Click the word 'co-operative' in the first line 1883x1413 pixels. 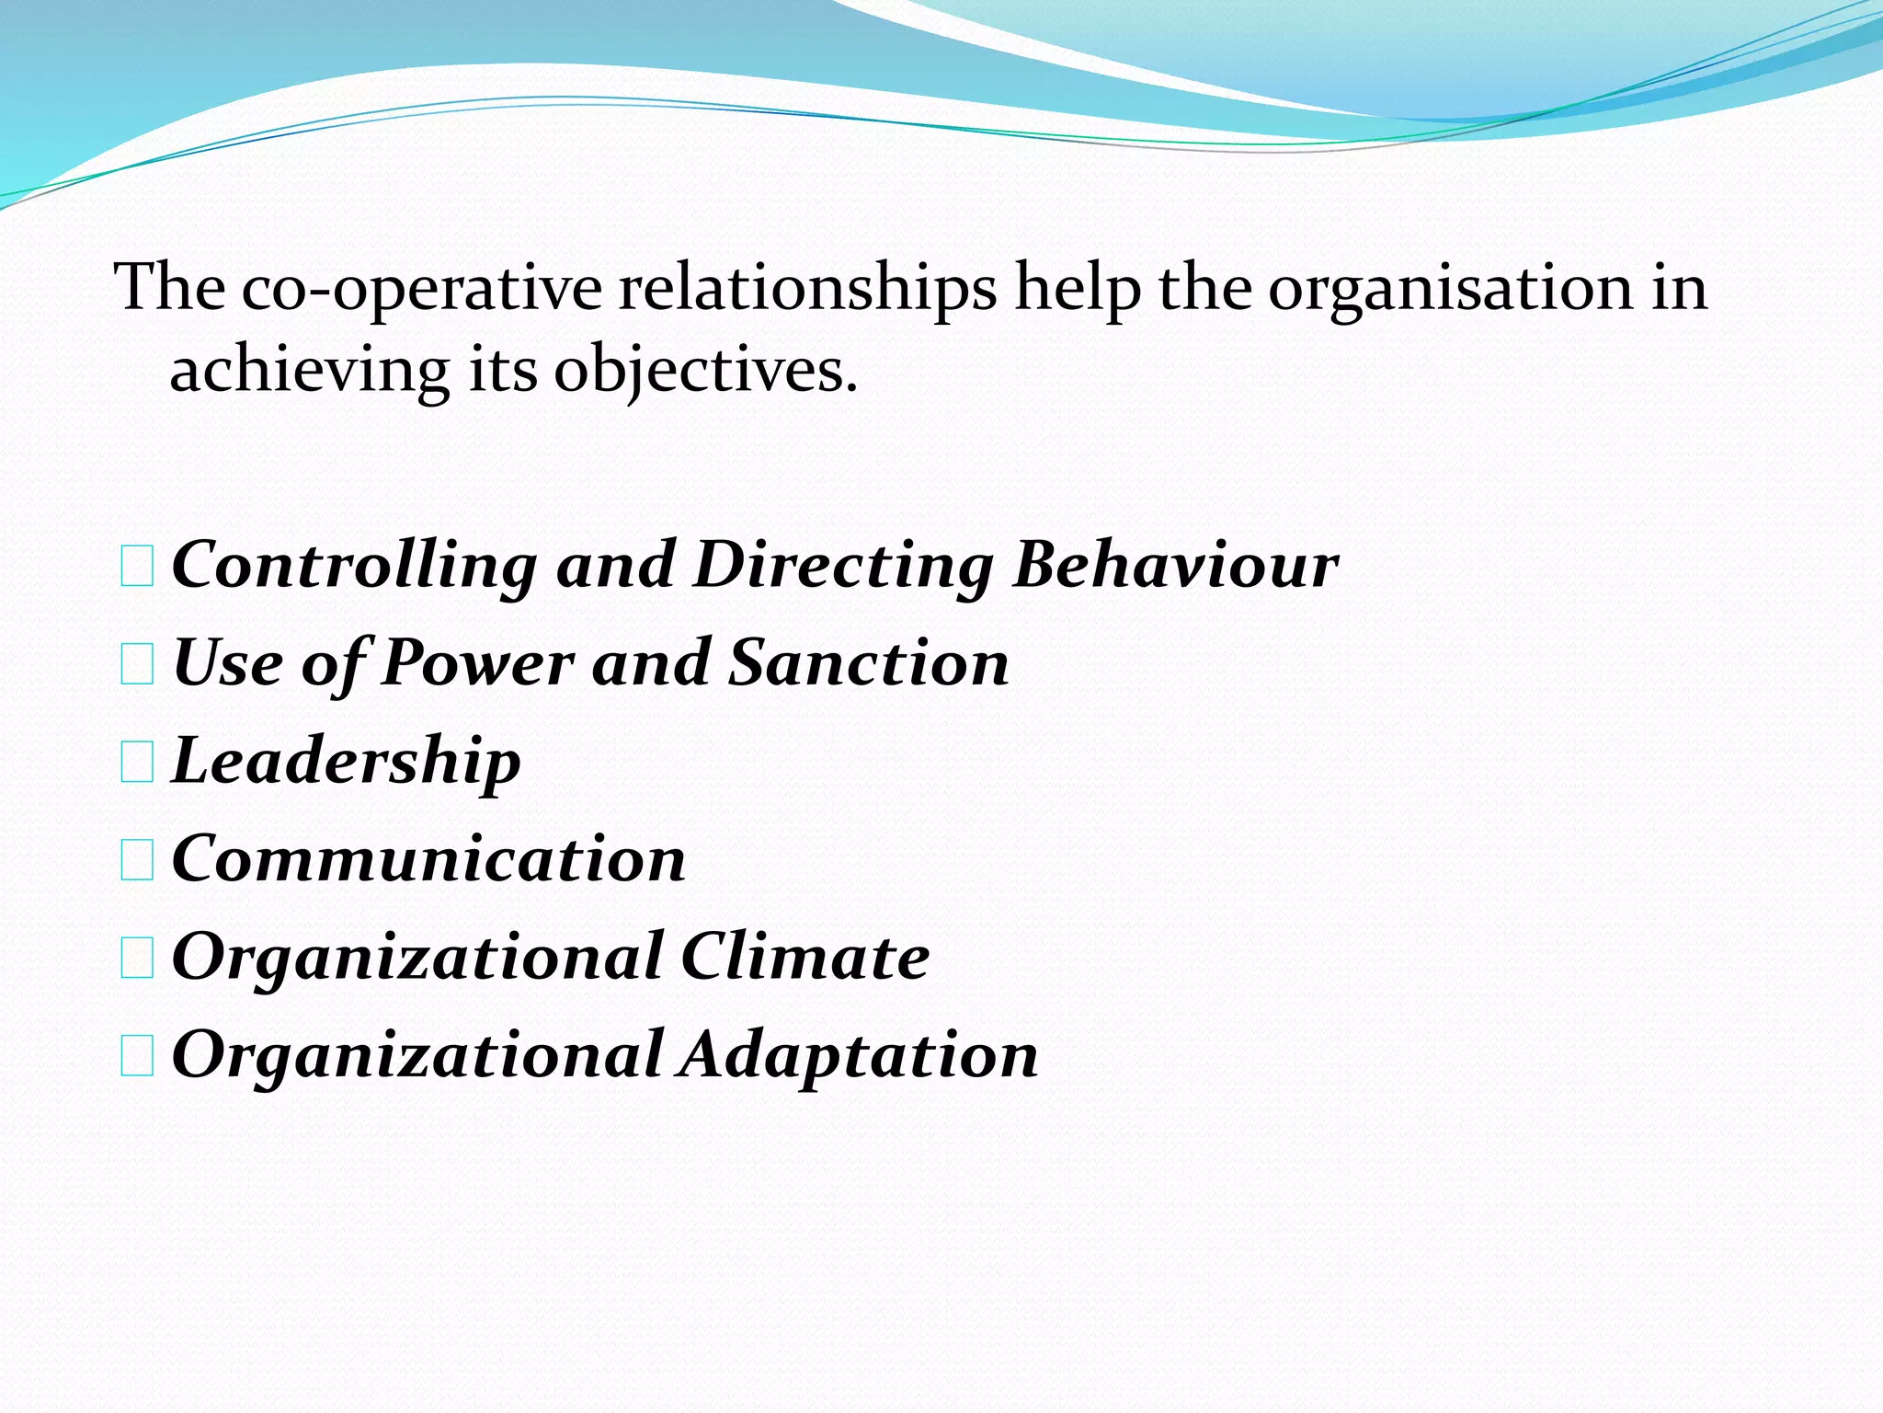[x=422, y=289]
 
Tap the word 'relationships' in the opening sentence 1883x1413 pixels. [x=807, y=289]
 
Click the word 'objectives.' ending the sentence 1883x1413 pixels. [x=705, y=372]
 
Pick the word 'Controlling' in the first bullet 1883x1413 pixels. [x=355, y=565]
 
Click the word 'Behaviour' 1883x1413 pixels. [x=1175, y=565]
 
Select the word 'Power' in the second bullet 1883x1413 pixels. [x=477, y=663]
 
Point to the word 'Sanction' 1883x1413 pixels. [x=869, y=663]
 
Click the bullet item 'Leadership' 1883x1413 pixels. [x=347, y=762]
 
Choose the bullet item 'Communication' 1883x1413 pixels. [x=428, y=859]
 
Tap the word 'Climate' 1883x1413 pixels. [x=805, y=957]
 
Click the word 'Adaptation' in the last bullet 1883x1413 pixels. [x=859, y=1055]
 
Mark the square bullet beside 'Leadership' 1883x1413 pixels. [x=137, y=764]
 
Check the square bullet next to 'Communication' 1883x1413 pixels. [x=137, y=861]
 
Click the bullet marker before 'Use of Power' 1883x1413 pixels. [x=137, y=665]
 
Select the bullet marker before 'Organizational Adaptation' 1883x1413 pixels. [x=137, y=1057]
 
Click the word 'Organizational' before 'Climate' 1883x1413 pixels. [x=417, y=957]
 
